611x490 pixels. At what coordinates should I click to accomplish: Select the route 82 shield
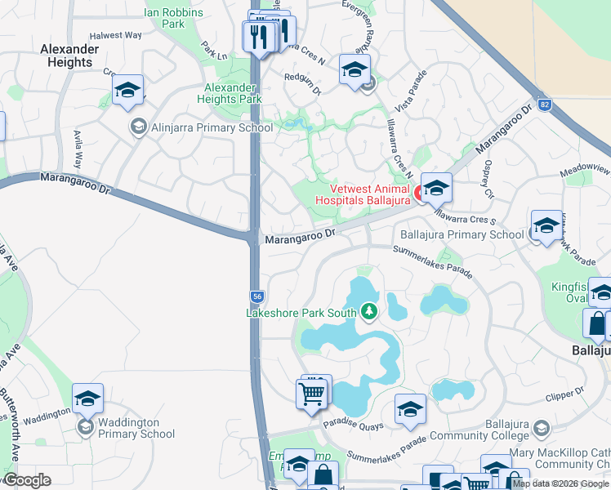(545, 105)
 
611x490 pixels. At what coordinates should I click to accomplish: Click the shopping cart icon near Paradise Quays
(313, 394)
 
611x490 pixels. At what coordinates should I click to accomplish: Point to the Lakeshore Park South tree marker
(370, 312)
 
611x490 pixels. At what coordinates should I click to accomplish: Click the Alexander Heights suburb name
(69, 56)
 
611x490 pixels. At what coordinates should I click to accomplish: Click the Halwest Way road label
(116, 36)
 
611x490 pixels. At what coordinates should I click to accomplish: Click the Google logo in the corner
(27, 480)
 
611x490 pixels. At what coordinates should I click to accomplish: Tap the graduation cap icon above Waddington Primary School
(87, 399)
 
